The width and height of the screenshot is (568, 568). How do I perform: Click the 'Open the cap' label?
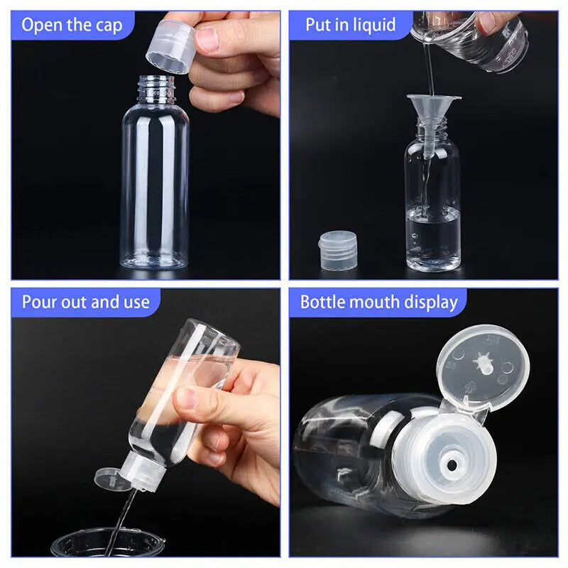click(71, 26)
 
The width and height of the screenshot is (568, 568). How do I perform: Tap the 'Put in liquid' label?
click(350, 25)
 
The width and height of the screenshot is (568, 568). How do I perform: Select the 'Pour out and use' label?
click(85, 302)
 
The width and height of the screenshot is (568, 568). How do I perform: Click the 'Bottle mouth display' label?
click(378, 302)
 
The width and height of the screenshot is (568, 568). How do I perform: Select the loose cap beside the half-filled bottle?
click(337, 251)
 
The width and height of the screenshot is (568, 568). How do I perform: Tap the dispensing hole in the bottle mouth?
click(449, 465)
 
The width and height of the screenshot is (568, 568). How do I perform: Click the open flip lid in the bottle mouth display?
click(483, 366)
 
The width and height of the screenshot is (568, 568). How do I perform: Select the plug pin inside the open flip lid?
click(483, 362)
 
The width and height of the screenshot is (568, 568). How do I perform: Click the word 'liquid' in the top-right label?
click(373, 25)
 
